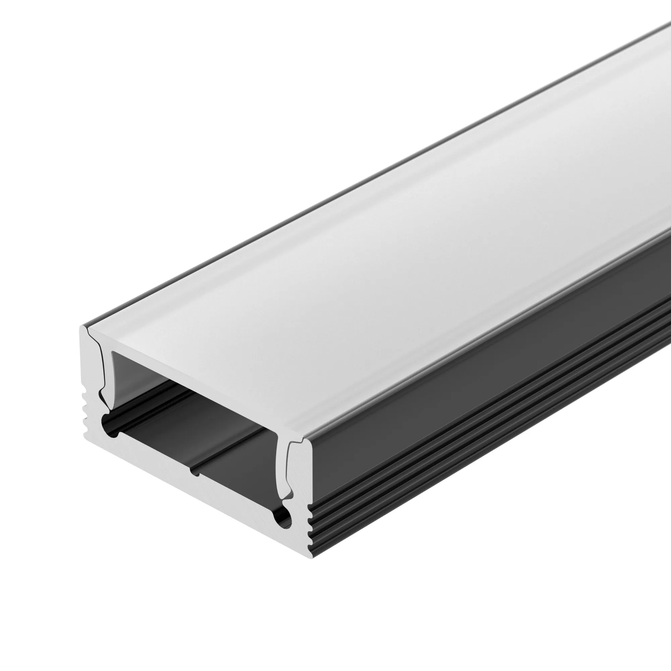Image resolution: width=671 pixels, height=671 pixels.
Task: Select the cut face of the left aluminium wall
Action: click(x=91, y=375)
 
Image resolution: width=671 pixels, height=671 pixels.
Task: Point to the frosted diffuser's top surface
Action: click(x=382, y=243)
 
